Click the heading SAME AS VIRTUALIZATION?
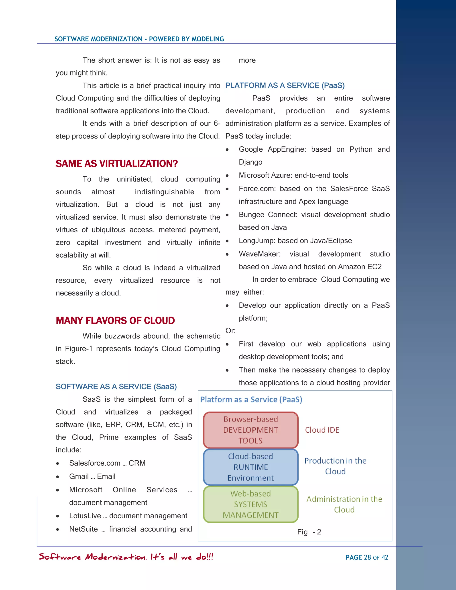tap(117, 164)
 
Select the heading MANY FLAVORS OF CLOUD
tap(115, 321)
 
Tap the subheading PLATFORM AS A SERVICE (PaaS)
tap(285, 86)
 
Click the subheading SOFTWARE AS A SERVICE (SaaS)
tap(116, 387)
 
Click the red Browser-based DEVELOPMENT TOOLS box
tap(250, 430)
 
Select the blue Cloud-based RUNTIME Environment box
tap(250, 467)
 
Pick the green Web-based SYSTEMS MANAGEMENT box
tap(250, 504)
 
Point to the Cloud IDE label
tap(322, 430)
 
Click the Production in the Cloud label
tap(335, 466)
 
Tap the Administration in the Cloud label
tap(344, 504)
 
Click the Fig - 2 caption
tap(309, 532)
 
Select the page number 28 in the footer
tap(367, 557)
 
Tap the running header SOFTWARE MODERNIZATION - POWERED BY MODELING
tap(139, 39)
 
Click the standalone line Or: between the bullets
tap(230, 331)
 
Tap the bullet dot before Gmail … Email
tap(57, 477)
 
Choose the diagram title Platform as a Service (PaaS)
tap(251, 400)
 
